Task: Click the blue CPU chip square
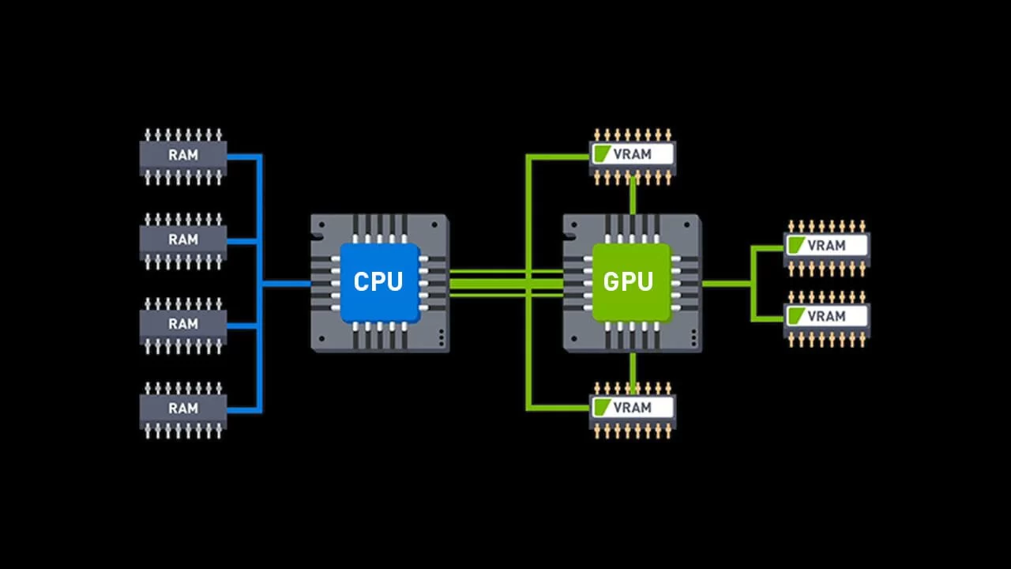(x=380, y=283)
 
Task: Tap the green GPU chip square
(x=632, y=283)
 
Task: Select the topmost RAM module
(x=182, y=156)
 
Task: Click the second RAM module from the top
(x=182, y=241)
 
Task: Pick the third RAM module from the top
(x=182, y=326)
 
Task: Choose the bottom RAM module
(x=182, y=410)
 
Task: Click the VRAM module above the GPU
(x=633, y=156)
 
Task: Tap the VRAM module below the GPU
(x=633, y=410)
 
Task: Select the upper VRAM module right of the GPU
(x=827, y=248)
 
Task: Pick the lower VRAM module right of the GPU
(x=827, y=318)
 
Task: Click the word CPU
(x=378, y=282)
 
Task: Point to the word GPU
(x=628, y=282)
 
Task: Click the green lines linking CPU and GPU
(x=506, y=284)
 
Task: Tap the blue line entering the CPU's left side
(x=286, y=284)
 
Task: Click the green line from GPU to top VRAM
(x=633, y=195)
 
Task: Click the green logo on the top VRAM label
(x=602, y=154)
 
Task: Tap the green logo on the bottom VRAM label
(x=602, y=407)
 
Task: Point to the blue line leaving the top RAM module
(x=244, y=157)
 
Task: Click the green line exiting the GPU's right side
(x=726, y=284)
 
